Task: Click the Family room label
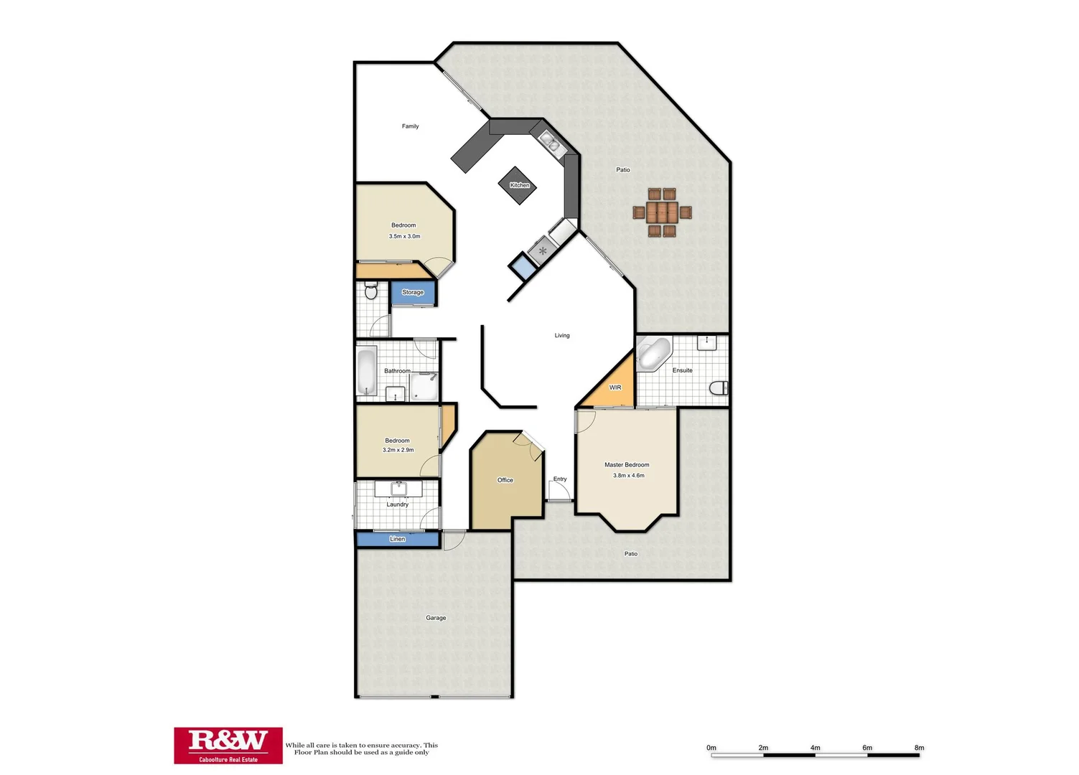tap(410, 126)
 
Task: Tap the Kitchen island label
tap(519, 185)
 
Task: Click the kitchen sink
tap(550, 141)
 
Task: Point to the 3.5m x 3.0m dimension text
tap(405, 236)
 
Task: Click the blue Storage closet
tap(413, 293)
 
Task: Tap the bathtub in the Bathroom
tap(367, 371)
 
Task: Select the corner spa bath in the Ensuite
tap(653, 354)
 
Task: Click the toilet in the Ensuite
tap(719, 388)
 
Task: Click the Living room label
tap(562, 335)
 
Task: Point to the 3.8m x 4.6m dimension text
tap(628, 475)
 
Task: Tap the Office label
tap(505, 480)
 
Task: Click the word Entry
tap(560, 479)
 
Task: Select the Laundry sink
tap(398, 489)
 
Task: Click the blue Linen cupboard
tap(398, 539)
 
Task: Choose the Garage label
tap(436, 618)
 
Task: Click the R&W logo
tap(228, 745)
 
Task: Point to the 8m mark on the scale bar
tap(919, 748)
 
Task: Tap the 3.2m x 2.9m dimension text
tap(398, 450)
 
